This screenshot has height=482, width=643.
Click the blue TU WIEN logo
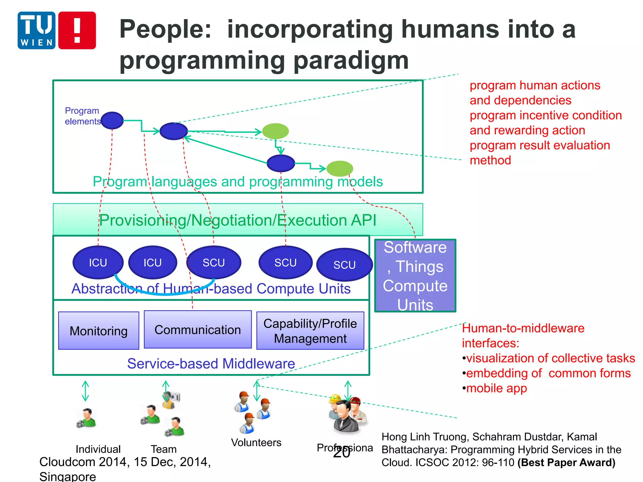[x=36, y=30]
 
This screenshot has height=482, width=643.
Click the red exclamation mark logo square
[x=77, y=30]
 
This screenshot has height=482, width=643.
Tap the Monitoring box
[x=99, y=331]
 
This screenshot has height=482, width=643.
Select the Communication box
[x=198, y=329]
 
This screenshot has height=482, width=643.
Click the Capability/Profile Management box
[x=310, y=331]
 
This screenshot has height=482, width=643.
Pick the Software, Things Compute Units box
[x=415, y=276]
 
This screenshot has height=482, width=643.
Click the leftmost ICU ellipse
[x=98, y=262]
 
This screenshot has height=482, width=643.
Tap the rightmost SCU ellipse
[x=344, y=265]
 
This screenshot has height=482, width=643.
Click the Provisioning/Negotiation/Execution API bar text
[x=238, y=220]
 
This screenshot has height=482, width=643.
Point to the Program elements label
[x=82, y=116]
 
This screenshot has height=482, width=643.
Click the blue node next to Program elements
[x=112, y=120]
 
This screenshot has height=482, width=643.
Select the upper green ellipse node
[x=275, y=131]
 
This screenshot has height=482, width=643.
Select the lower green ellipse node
[x=340, y=169]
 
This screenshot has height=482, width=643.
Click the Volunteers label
[x=256, y=442]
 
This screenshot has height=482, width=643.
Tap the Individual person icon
[x=86, y=418]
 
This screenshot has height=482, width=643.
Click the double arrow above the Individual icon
[x=85, y=391]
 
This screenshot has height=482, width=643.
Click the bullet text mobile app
[x=496, y=388]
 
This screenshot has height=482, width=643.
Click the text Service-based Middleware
[x=211, y=364]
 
